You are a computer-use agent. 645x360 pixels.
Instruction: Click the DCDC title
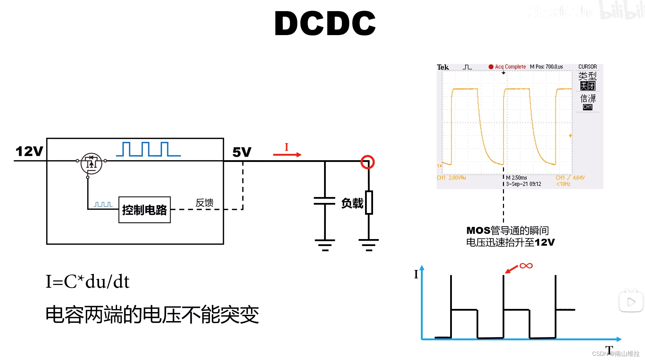[325, 23]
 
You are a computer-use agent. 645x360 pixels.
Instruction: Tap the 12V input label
[29, 151]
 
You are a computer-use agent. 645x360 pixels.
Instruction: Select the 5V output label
[242, 152]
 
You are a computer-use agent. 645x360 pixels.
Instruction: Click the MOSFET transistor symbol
[91, 163]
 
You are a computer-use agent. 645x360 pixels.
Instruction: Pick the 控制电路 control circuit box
[144, 210]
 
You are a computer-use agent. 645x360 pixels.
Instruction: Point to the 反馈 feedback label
[204, 203]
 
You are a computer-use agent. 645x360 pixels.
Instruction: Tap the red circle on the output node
[367, 162]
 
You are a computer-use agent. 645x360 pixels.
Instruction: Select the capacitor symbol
[325, 201]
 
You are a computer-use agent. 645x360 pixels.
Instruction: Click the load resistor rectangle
[369, 203]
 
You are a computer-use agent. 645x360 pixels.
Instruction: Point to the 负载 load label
[352, 203]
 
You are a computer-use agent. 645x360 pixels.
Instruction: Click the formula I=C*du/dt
[88, 281]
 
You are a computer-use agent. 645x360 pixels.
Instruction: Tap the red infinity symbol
[526, 266]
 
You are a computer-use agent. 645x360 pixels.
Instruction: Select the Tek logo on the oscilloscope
[443, 67]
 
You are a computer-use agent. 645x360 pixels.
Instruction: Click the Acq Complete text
[510, 67]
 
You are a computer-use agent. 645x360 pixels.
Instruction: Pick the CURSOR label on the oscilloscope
[587, 66]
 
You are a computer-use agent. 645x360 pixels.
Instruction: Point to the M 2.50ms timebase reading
[516, 178]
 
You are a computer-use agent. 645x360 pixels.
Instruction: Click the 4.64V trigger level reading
[579, 178]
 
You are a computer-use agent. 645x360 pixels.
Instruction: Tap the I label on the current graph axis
[416, 275]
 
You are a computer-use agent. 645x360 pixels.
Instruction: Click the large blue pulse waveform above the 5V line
[148, 149]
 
